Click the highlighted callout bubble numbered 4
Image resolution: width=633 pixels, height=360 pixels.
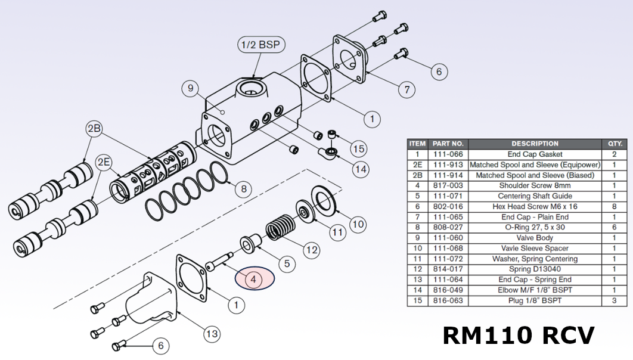pyautogui.click(x=253, y=278)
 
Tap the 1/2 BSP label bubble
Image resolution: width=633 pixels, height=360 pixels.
pyautogui.click(x=260, y=45)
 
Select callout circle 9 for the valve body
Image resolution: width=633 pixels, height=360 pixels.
pyautogui.click(x=191, y=89)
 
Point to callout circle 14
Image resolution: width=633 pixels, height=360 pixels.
pyautogui.click(x=360, y=169)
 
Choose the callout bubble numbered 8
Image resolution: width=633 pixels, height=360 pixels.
pyautogui.click(x=243, y=190)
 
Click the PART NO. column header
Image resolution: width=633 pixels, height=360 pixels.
pyautogui.click(x=448, y=144)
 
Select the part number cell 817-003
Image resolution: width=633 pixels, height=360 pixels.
pyautogui.click(x=448, y=185)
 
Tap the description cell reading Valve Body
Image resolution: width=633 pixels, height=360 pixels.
pyautogui.click(x=535, y=238)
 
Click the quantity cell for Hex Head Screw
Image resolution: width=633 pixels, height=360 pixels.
pyautogui.click(x=615, y=206)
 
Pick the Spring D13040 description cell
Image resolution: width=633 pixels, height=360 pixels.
pyautogui.click(x=535, y=269)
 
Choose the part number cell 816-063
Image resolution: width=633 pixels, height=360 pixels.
pyautogui.click(x=448, y=301)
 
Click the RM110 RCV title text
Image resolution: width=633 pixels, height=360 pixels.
pyautogui.click(x=518, y=335)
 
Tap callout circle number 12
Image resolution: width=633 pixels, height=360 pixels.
pyautogui.click(x=312, y=250)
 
